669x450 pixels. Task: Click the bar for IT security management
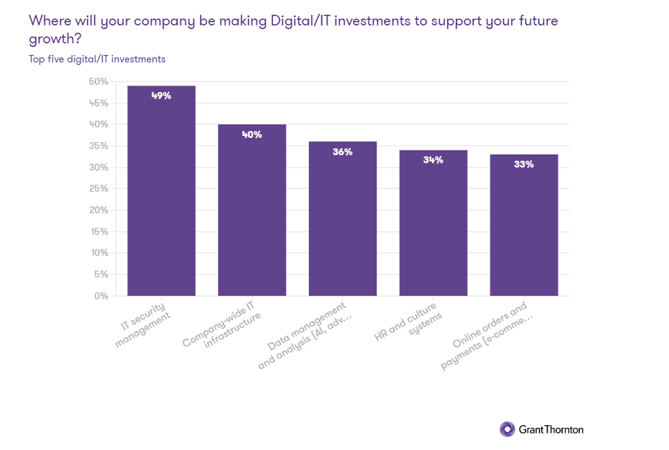click(x=161, y=193)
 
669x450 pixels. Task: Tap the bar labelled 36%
click(x=343, y=221)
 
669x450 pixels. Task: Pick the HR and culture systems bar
click(x=433, y=224)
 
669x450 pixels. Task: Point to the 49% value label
click(x=161, y=95)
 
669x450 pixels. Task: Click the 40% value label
click(x=252, y=135)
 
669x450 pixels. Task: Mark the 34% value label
click(x=433, y=160)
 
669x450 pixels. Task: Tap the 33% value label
click(x=523, y=164)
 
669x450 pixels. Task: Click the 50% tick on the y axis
click(x=99, y=81)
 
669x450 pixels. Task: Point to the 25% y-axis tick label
click(x=99, y=188)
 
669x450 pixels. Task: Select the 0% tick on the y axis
click(x=101, y=295)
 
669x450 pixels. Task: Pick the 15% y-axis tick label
click(x=99, y=231)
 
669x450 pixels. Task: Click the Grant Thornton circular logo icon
click(x=507, y=429)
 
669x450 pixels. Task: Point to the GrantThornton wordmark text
click(x=551, y=429)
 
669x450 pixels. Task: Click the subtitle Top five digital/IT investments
click(x=97, y=59)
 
